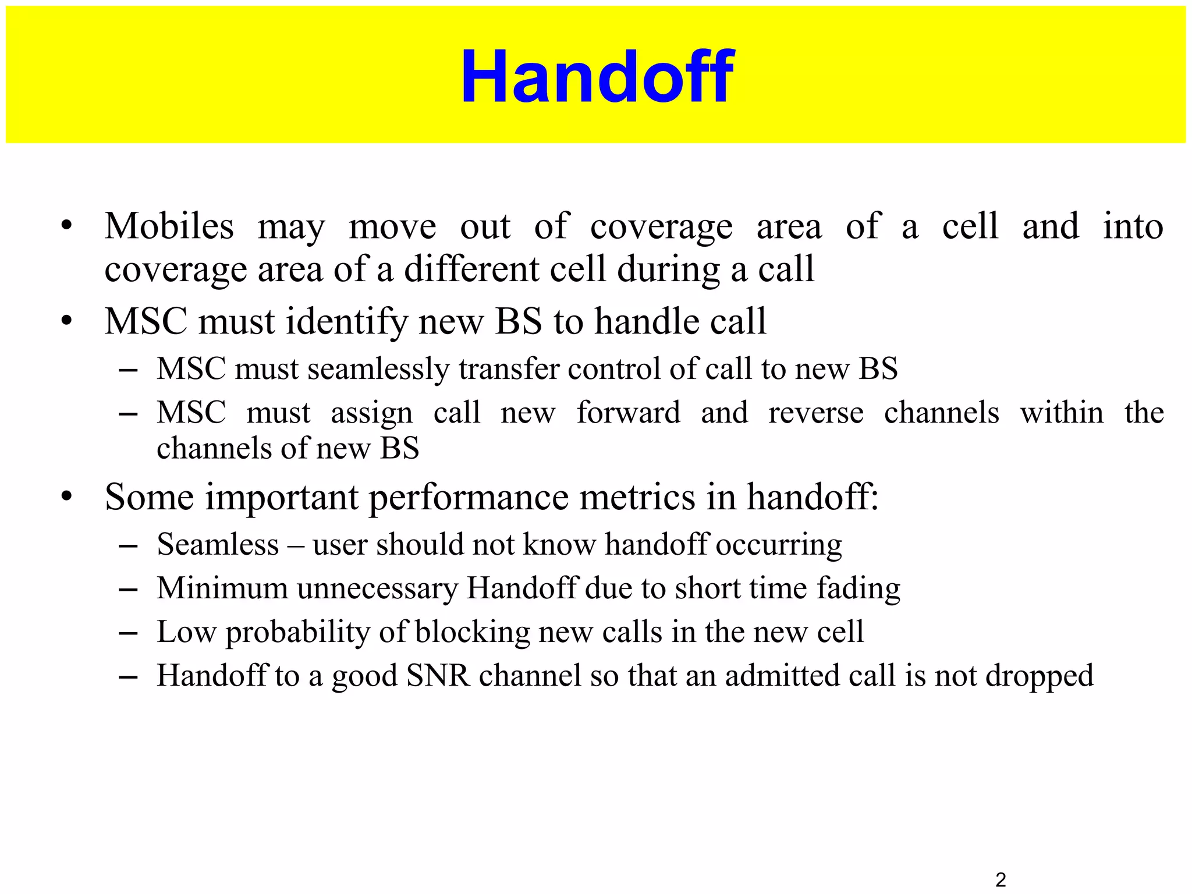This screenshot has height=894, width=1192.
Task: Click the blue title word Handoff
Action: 597,77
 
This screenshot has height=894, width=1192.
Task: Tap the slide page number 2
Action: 1001,879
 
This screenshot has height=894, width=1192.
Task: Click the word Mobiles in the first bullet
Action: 169,226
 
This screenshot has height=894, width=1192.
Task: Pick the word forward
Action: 628,413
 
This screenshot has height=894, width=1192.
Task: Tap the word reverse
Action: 815,413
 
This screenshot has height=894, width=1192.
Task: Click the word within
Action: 1061,413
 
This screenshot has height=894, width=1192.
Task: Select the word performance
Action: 469,498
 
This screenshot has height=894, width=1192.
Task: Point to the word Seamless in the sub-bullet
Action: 218,545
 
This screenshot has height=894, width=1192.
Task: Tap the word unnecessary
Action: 377,588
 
